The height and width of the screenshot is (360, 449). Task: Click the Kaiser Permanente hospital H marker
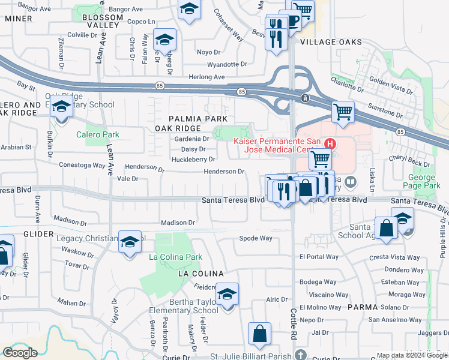coord(330,144)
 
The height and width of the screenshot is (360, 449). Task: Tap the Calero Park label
coord(98,135)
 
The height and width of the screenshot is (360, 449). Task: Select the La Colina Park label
coord(176,257)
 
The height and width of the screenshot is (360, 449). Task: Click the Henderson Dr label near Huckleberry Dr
coord(224,172)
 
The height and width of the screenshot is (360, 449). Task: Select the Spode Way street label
coord(256,238)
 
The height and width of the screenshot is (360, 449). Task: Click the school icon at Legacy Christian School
coord(130,242)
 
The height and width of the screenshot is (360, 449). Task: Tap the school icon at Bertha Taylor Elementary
coord(228,294)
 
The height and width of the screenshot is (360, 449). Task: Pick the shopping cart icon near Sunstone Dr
coord(343,112)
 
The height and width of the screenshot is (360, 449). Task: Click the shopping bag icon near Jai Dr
coord(259,334)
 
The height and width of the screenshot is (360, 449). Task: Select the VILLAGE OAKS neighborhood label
coord(331,42)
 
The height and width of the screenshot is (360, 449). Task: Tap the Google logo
coord(20,353)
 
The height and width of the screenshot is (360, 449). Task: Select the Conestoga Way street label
coord(82,165)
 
